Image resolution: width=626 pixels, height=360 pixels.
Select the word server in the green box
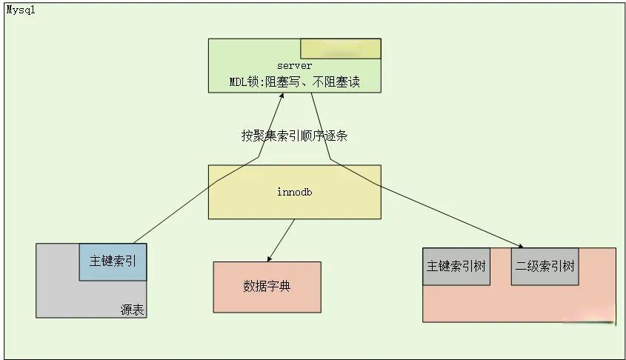coord(295,66)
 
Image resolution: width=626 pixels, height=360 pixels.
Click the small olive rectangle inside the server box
coord(340,48)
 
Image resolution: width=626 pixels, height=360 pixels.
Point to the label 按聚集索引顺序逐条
coord(294,136)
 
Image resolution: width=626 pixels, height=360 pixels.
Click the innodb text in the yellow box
coord(294,192)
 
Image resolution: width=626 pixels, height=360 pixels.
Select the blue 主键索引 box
coord(113,261)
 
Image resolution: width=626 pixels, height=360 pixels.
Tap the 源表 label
coord(132,310)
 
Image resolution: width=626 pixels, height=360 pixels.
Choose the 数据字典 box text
coord(267,286)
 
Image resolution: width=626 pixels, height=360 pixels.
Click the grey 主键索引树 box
coord(456,266)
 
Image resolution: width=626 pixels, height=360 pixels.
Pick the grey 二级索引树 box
coord(545,266)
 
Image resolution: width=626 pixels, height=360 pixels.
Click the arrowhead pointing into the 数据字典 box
coord(269,259)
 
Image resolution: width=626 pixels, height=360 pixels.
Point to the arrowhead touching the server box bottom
coord(282,96)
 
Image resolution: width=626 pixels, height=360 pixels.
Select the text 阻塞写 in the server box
coord(290,81)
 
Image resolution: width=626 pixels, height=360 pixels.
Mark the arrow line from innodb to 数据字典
coord(282,239)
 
